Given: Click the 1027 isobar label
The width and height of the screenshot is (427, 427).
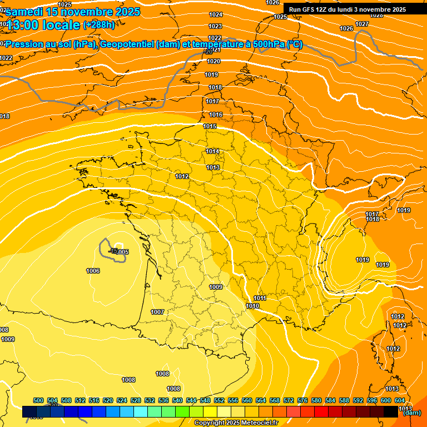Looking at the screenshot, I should tap(362, 24).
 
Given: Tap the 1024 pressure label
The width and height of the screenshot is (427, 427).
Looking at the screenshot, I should tap(216, 14).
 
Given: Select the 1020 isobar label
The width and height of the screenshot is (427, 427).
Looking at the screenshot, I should tap(213, 61).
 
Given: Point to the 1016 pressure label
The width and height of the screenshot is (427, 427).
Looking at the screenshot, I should tap(216, 115).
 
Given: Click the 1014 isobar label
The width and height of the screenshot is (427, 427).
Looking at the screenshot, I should tap(212, 151).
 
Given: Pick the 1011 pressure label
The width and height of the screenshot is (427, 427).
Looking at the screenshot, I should tap(260, 299).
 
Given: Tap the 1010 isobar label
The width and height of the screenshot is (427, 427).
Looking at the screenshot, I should tap(252, 306).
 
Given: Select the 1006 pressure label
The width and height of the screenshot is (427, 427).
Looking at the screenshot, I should tap(93, 271).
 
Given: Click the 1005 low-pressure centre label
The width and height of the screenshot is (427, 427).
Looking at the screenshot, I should tap(122, 252).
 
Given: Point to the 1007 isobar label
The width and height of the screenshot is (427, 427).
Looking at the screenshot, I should tap(157, 312).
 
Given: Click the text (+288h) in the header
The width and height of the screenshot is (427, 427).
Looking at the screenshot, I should tap(99, 24).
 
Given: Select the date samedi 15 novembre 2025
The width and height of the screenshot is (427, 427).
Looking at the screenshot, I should tap(73, 12).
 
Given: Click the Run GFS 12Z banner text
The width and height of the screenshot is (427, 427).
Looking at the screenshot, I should tap(347, 9).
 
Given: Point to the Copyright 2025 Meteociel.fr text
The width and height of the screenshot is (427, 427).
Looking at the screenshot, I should tap(236, 423).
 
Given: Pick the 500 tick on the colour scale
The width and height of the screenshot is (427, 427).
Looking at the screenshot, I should tap(38, 400).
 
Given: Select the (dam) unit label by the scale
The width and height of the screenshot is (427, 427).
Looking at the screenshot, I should tap(411, 413).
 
